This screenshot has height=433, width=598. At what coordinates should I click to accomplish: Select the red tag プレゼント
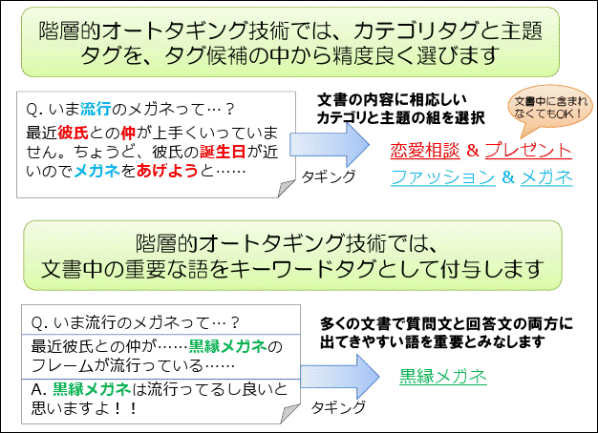tap(528, 151)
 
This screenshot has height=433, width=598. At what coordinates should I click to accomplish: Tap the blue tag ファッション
tap(442, 177)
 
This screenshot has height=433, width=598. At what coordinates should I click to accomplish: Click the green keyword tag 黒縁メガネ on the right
tap(443, 376)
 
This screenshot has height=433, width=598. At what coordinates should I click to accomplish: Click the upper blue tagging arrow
tap(338, 148)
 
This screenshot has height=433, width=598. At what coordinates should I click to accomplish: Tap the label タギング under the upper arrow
tap(329, 177)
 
